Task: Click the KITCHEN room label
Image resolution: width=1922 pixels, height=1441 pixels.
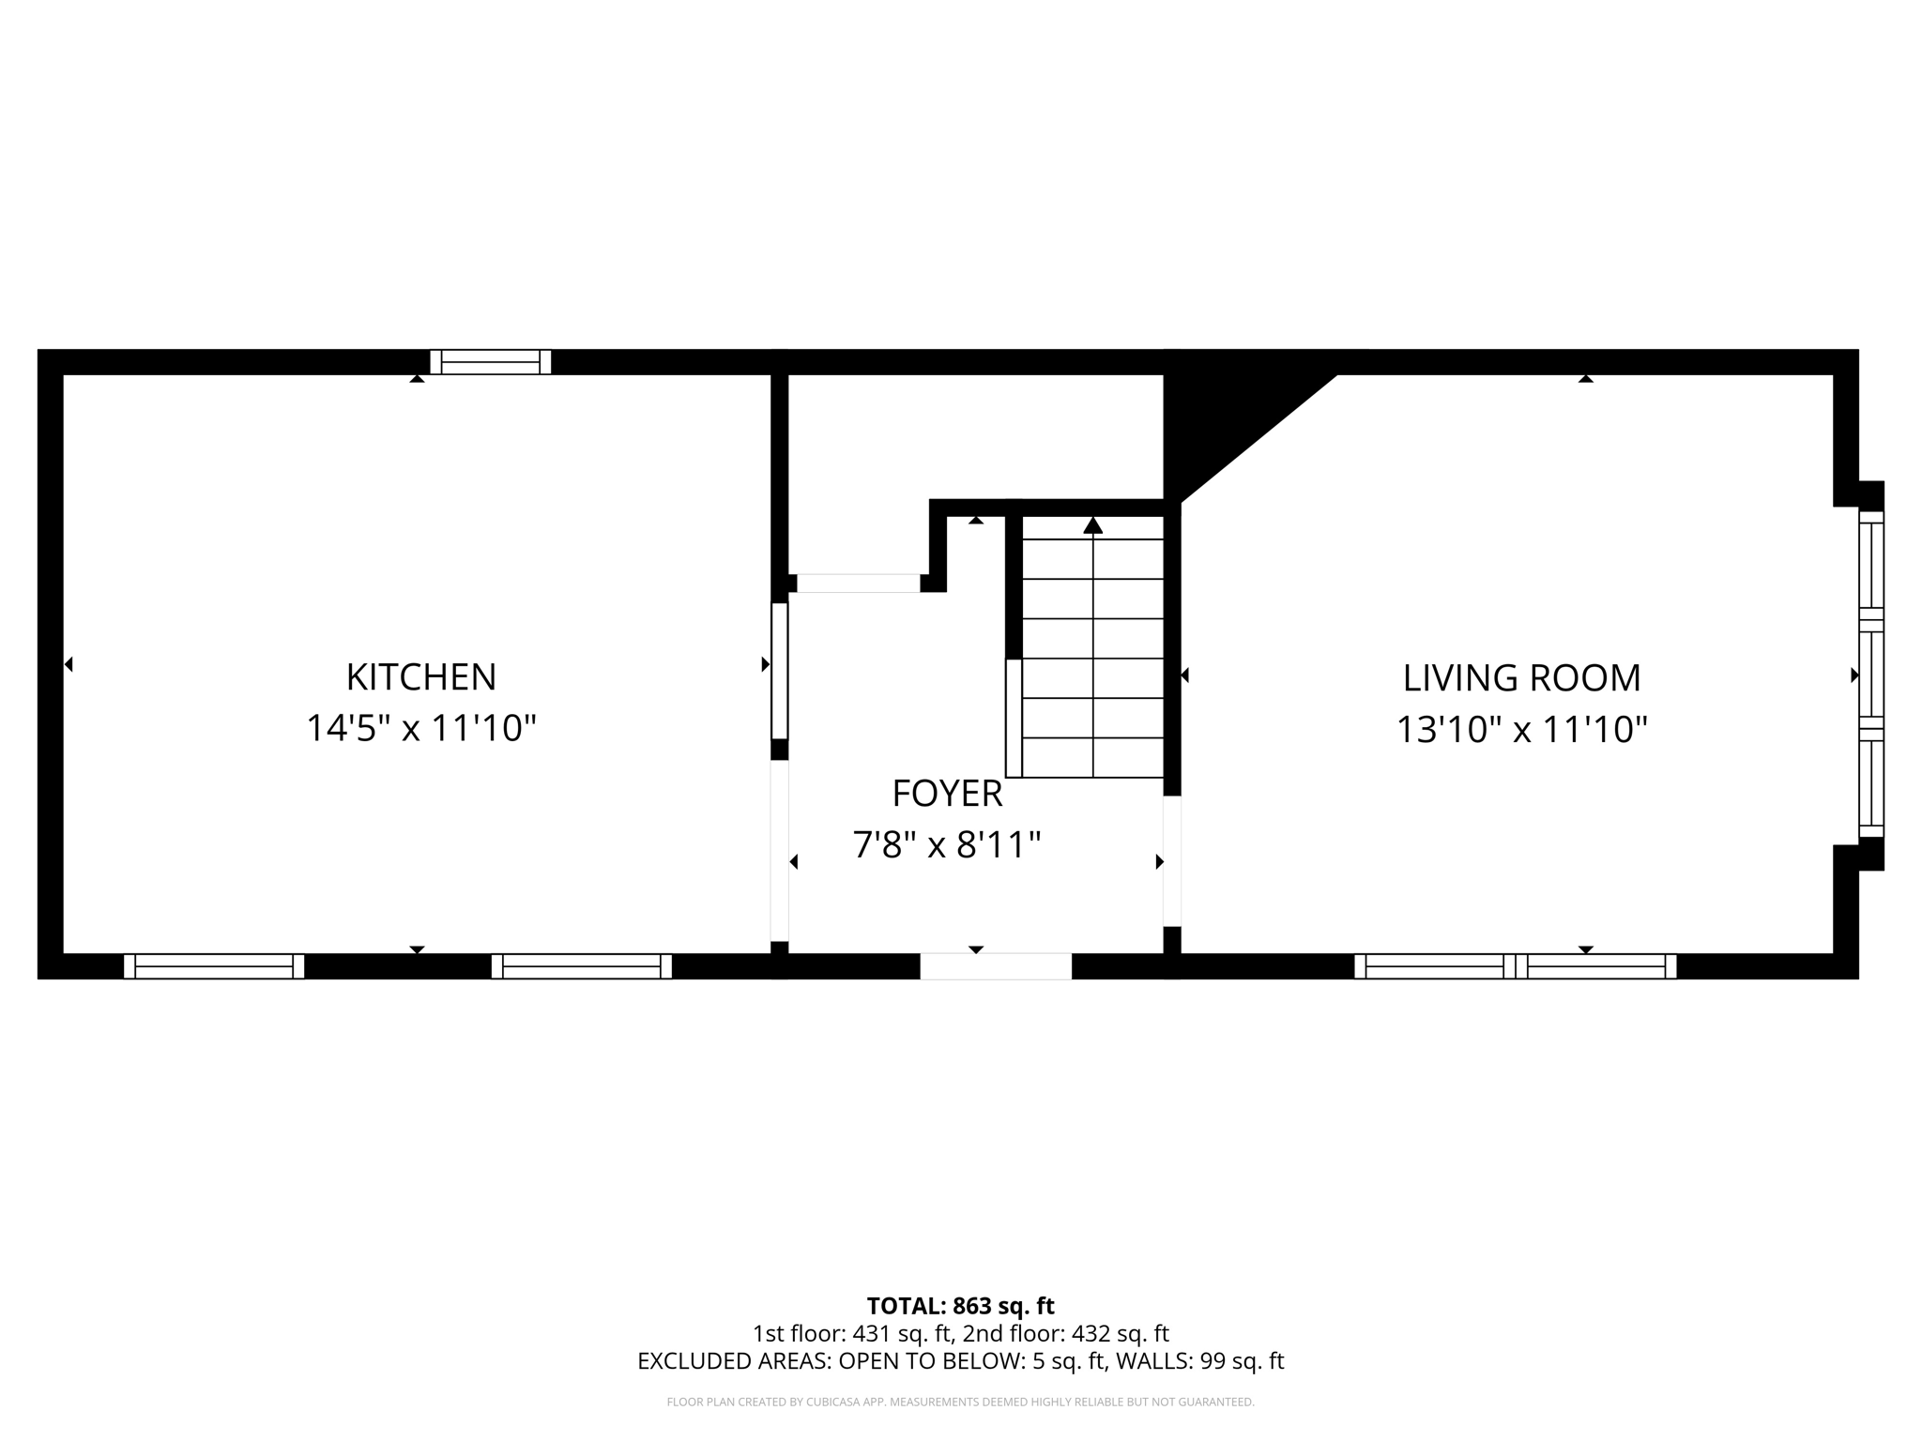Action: tap(420, 677)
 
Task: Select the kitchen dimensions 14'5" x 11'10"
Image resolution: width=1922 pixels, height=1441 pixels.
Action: tap(420, 728)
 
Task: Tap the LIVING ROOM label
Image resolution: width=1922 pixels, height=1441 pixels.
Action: tap(1521, 678)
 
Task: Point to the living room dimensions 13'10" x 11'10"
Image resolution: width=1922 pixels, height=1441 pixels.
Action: tap(1521, 730)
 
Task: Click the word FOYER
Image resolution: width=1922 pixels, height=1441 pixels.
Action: tap(947, 795)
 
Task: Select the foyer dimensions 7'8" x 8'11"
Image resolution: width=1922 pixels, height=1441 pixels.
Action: tap(947, 845)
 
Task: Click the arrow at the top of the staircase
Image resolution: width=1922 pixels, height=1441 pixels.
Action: tap(1092, 525)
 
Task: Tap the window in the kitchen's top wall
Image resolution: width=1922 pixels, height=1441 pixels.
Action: tap(490, 362)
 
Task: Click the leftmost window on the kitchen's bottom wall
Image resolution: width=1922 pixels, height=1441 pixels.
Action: tap(214, 966)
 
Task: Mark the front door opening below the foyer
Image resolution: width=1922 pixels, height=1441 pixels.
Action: tap(995, 966)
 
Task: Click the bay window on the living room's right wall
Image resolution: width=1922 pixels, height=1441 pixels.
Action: tap(1870, 674)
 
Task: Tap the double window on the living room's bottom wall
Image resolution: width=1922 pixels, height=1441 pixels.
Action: tap(1515, 966)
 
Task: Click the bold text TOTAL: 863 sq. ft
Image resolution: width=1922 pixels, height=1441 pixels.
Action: tap(960, 1306)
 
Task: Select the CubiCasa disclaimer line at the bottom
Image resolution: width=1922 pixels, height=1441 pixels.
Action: tap(960, 1403)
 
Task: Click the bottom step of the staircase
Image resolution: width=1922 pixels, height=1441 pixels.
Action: tap(1092, 758)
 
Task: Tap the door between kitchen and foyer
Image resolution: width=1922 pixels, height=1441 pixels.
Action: tap(779, 671)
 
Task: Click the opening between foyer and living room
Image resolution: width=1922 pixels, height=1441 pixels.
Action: tap(1171, 860)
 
